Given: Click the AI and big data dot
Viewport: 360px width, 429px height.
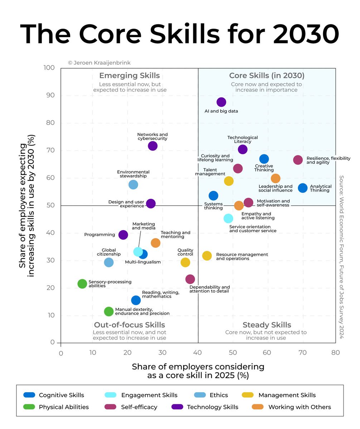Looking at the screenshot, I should click(221, 102).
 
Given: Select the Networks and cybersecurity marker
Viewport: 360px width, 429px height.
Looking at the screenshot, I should click(152, 146).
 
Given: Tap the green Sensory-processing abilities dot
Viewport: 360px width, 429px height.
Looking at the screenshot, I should click(82, 284).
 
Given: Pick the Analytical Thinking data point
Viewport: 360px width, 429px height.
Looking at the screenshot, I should click(303, 188).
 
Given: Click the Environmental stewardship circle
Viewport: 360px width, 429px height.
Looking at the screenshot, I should click(133, 184).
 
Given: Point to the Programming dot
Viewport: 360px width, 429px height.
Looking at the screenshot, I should click(123, 235).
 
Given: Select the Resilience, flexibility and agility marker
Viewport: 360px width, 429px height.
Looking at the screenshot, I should click(298, 160).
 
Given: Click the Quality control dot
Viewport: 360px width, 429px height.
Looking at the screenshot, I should click(185, 262).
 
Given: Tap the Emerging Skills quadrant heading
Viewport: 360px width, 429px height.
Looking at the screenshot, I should click(129, 75).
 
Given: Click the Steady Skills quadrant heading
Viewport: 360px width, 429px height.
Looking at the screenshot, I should click(267, 325).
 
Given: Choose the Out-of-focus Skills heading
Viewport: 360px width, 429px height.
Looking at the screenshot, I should click(129, 325).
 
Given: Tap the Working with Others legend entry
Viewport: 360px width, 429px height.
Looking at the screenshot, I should click(300, 407).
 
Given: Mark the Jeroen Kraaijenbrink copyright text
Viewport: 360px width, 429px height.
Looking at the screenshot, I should click(99, 63).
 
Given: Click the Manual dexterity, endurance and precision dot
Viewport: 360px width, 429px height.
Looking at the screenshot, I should click(109, 311).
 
